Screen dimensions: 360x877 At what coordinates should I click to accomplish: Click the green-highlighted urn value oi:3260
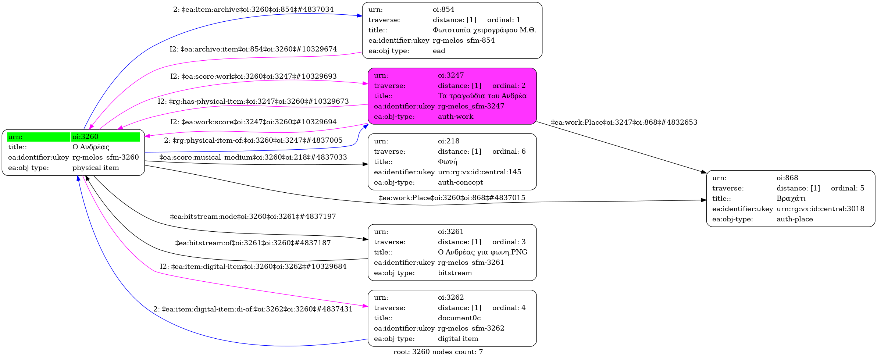click(x=85, y=137)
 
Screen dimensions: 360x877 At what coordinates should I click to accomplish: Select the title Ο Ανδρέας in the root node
click(x=91, y=147)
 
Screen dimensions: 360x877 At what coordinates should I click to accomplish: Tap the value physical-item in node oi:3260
click(x=96, y=168)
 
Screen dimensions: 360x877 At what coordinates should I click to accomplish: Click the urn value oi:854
click(x=443, y=10)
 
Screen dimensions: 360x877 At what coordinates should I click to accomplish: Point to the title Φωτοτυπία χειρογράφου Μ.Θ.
click(x=484, y=30)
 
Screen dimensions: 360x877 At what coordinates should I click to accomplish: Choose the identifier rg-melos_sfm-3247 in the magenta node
click(x=471, y=106)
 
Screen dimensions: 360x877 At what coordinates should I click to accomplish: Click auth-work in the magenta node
click(x=456, y=117)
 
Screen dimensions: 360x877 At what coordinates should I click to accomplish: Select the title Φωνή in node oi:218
click(x=447, y=162)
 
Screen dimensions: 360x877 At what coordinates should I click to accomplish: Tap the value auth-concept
click(x=460, y=182)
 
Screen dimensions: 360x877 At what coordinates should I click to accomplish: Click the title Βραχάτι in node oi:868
click(x=791, y=199)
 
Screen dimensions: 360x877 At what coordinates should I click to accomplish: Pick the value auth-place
click(x=795, y=219)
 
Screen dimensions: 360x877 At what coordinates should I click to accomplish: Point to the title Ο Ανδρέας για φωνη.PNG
click(x=482, y=252)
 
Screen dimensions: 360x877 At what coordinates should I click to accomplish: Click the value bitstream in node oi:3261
click(x=455, y=273)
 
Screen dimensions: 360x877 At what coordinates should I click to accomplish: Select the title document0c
click(x=459, y=318)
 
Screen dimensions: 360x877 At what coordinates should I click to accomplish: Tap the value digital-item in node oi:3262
click(x=458, y=339)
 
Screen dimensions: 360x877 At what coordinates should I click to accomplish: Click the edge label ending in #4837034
click(x=253, y=10)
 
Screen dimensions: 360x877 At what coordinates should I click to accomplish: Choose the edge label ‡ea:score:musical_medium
click(x=253, y=157)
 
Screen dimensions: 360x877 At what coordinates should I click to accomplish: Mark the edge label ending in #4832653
click(x=624, y=122)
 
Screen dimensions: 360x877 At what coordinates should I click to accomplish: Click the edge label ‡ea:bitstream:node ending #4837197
click(x=253, y=217)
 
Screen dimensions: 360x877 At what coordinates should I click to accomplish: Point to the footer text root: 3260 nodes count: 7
click(x=438, y=352)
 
